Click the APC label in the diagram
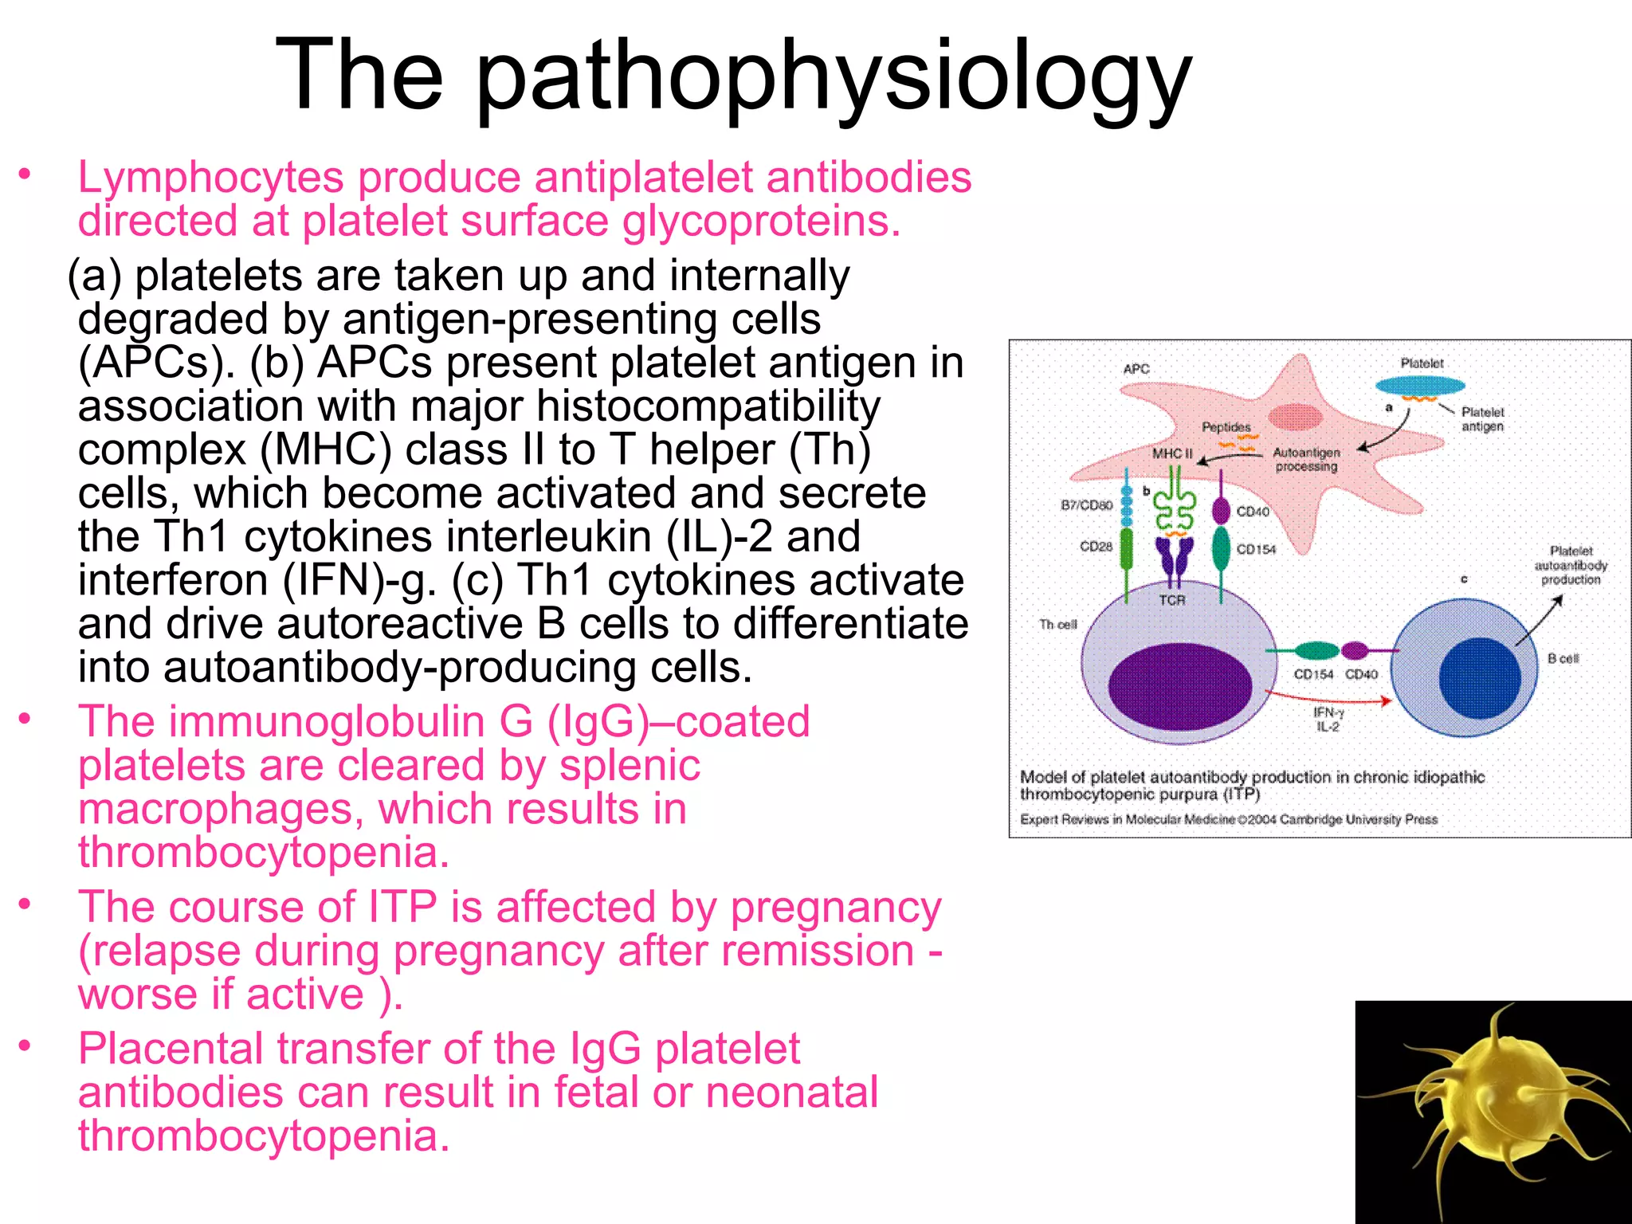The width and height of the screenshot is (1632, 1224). [1136, 369]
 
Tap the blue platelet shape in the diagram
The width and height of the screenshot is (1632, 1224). [1420, 386]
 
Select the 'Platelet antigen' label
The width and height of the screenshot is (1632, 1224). [1482, 419]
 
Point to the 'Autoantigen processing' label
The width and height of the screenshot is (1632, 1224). [1306, 459]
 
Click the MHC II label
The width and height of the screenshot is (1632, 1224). [1171, 453]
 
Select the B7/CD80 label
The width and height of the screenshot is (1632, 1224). [1086, 505]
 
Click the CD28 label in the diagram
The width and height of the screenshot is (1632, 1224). [1096, 547]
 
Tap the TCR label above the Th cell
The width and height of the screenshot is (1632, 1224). [1172, 600]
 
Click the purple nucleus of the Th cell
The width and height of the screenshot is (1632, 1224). [1180, 686]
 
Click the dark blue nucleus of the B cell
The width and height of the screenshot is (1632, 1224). [1480, 678]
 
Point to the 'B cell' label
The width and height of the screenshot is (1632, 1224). [1563, 659]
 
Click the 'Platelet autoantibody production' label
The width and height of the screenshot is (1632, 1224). [1571, 565]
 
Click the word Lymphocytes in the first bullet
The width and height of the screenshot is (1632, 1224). [210, 177]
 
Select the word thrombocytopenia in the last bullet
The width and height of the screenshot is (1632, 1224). [263, 1136]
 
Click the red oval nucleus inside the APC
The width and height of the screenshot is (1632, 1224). [1295, 417]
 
